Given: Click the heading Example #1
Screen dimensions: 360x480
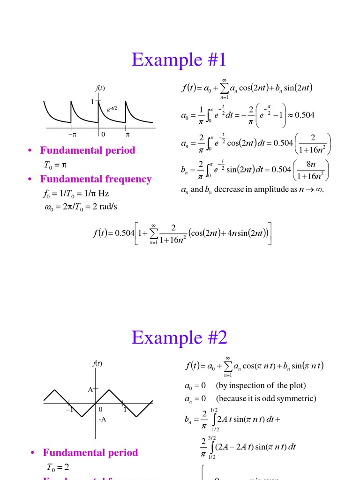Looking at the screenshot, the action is click(179, 60).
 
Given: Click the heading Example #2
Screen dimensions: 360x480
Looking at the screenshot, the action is click(180, 337).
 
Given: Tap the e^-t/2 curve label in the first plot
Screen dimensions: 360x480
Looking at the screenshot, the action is click(111, 109).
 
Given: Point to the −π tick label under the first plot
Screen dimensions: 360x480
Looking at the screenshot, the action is click(72, 135).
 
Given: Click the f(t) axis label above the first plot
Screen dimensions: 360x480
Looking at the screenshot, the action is click(99, 88).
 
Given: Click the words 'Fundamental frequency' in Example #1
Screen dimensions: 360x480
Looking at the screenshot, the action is click(96, 179).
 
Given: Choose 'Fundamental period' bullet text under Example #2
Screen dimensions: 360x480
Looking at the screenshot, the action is click(90, 452).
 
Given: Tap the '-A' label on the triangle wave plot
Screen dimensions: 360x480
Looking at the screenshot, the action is click(102, 419).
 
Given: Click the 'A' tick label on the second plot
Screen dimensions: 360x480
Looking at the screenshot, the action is click(90, 390).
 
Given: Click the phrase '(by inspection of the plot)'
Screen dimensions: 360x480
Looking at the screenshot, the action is click(261, 385).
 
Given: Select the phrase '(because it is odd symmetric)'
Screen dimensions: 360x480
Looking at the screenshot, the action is click(266, 398).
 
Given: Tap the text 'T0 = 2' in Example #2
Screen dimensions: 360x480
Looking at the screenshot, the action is click(58, 467).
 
